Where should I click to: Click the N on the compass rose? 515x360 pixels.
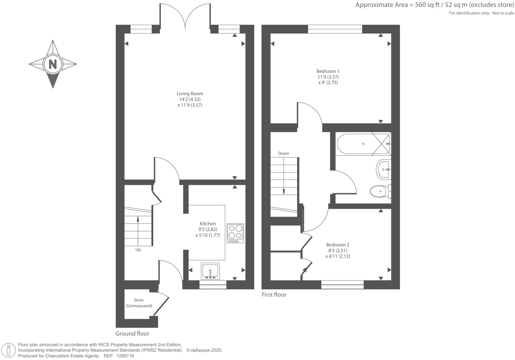coord(53,64)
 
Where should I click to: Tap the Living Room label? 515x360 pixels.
coord(190,94)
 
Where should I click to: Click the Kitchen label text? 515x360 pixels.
coord(208,224)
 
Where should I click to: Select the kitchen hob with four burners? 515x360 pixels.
coord(235,233)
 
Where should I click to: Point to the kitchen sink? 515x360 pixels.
coord(210,271)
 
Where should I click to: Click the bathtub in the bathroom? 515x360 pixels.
coord(363,144)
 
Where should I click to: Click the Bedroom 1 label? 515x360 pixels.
coord(328,71)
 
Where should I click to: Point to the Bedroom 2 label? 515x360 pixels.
coord(338,245)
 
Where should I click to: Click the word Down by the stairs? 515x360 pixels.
coord(284,153)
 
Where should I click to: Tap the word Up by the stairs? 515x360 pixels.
coord(138,250)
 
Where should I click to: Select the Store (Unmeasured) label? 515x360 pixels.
coord(139,303)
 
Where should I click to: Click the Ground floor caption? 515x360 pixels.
coord(132,334)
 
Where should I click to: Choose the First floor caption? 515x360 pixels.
coord(274,295)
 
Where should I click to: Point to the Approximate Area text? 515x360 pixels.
coord(434,5)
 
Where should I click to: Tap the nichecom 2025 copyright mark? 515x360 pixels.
coord(204,350)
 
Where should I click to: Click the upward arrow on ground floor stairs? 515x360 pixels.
coord(138,219)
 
